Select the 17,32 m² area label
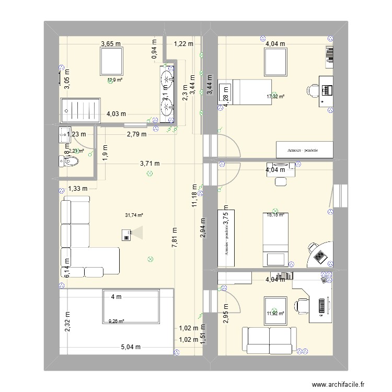point(275,97)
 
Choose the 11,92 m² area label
point(275,314)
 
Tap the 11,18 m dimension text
point(194,196)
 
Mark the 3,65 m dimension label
point(111,44)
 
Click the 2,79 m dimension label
point(136,134)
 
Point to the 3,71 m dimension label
point(149,164)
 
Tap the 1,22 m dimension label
point(183,44)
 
